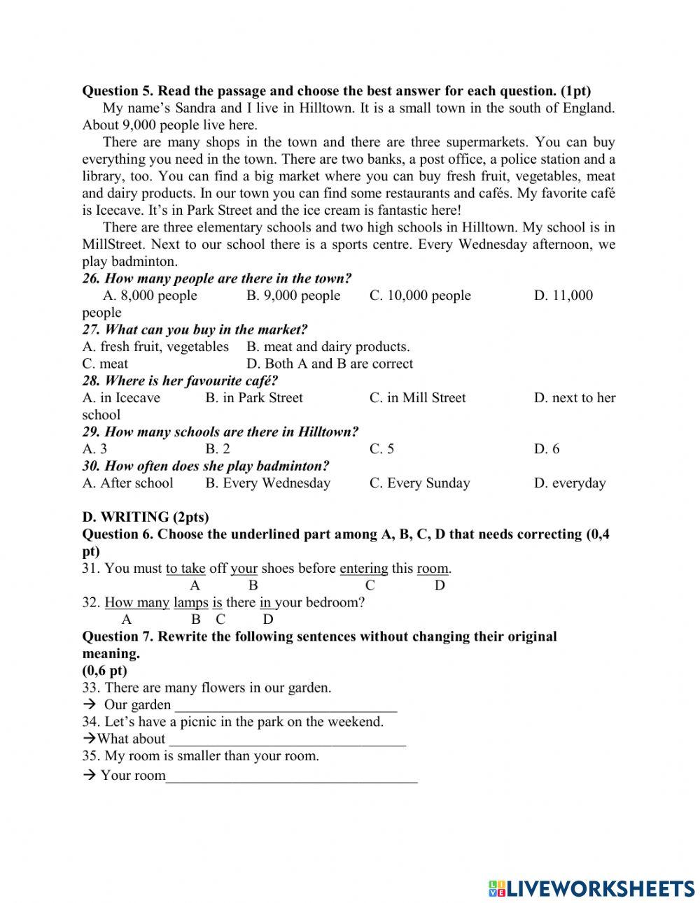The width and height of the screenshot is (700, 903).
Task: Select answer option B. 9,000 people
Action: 293,295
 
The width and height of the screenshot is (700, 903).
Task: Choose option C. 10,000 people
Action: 420,295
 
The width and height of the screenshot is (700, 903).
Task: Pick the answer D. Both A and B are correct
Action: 330,364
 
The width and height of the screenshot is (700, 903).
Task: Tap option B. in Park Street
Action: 253,398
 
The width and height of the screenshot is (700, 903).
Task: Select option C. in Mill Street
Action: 417,398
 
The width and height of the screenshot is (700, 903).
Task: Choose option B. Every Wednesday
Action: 267,483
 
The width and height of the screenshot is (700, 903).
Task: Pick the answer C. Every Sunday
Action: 419,483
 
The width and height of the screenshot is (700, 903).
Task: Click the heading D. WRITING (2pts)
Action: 146,518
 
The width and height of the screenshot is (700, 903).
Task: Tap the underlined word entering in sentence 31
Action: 363,569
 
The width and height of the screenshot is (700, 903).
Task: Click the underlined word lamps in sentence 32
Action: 190,603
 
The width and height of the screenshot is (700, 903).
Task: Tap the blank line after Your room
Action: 291,776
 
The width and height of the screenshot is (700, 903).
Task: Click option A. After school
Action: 127,483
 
